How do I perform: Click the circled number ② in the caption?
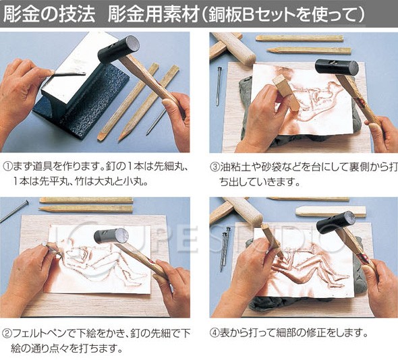pyautogui.click(x=7, y=334)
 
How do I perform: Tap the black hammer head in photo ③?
pyautogui.click(x=337, y=67)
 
